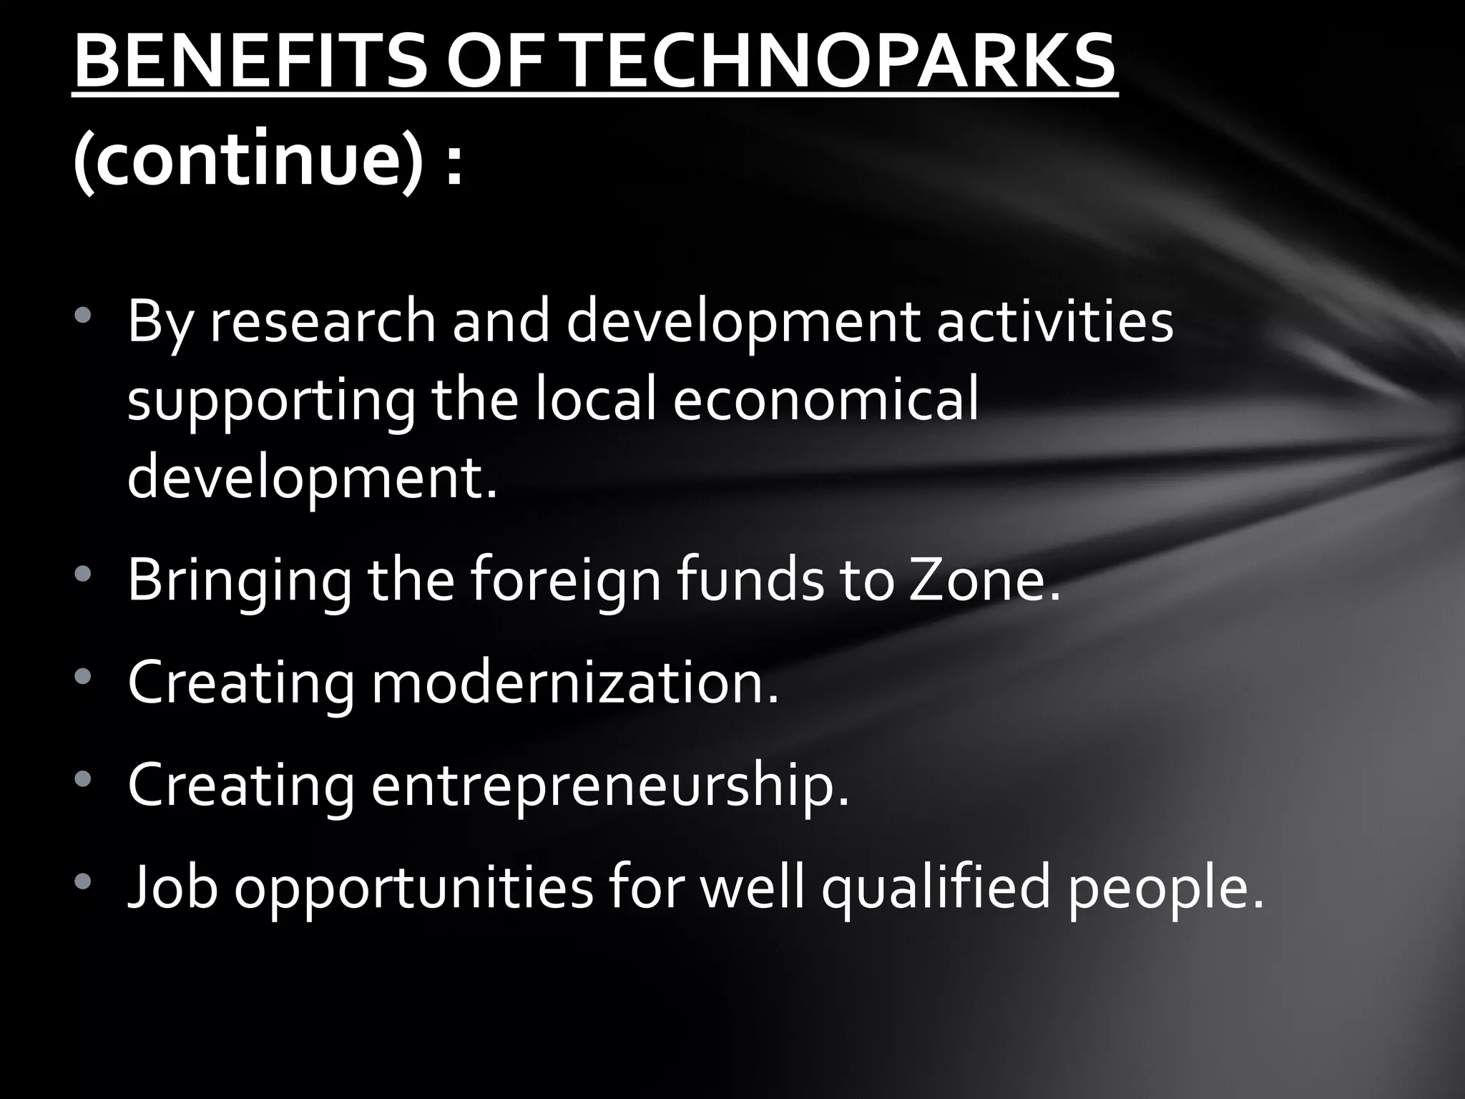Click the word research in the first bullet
coord(323,322)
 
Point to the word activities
coord(1055,322)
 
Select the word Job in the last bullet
coord(172,888)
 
